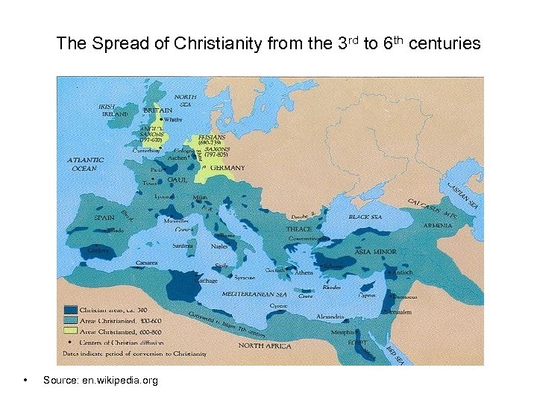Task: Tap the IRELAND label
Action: (115, 114)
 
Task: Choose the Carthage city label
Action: (207, 281)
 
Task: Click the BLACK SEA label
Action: (365, 216)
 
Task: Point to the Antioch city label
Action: (403, 273)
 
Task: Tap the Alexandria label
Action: (330, 316)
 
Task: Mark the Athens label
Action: (304, 272)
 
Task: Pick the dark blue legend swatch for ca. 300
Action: (70, 308)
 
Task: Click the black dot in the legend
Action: (70, 337)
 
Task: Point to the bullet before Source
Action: (26, 381)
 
